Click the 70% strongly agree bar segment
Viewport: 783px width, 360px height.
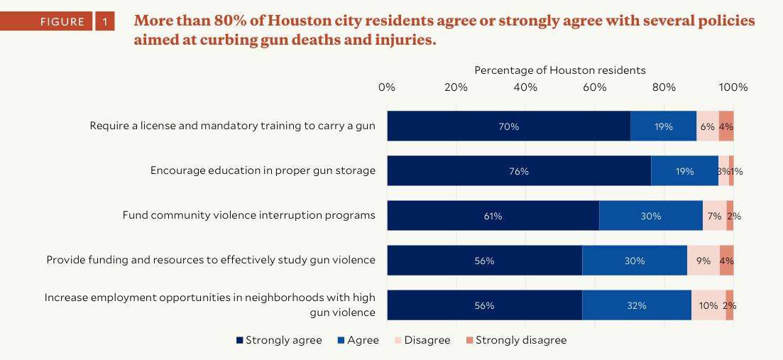coord(508,126)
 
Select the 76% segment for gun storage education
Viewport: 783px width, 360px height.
coord(518,171)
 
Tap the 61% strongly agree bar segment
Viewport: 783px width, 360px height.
coord(493,216)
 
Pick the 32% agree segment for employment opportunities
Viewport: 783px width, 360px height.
coord(637,305)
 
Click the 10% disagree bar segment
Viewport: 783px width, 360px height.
coord(708,305)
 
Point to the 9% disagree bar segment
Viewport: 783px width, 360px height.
coord(703,261)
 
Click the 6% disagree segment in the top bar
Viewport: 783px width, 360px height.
coord(707,126)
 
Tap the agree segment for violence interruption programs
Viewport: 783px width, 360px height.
coord(650,216)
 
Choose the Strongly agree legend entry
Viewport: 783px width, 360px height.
coord(279,340)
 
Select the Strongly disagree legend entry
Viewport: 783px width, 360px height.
coord(515,340)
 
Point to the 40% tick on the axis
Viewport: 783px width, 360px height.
coord(525,87)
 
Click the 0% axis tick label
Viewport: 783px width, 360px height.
coord(387,87)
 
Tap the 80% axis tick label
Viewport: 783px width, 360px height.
coord(664,87)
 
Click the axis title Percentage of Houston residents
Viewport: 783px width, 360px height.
coord(560,70)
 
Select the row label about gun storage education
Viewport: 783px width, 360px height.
coord(263,170)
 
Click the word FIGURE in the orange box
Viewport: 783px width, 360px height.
coord(62,22)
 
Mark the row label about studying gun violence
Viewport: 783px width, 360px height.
coord(211,260)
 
